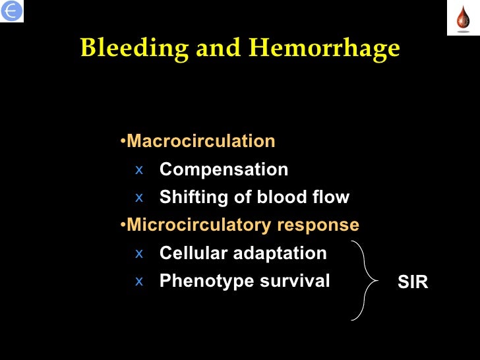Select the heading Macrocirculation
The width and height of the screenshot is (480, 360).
coord(200,141)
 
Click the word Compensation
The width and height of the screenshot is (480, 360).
coord(224,169)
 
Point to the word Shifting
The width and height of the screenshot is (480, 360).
coord(191,197)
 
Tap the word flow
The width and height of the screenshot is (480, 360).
coord(328,197)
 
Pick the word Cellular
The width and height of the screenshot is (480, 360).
coord(189,253)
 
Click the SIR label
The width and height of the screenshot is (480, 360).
coord(413,283)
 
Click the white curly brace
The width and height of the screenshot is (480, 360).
coord(366,281)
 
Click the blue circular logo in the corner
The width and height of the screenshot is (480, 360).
coord(12,11)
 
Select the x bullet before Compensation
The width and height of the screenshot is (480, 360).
coord(138,169)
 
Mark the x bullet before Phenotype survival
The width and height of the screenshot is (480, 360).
coord(138,281)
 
